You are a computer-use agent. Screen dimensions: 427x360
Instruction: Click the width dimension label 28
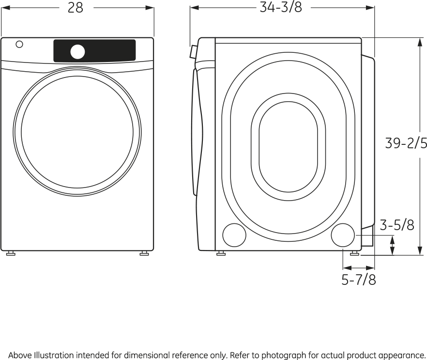click(x=76, y=8)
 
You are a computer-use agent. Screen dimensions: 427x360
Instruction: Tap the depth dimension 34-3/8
click(x=281, y=7)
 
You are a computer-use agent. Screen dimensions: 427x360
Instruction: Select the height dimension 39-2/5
click(x=406, y=143)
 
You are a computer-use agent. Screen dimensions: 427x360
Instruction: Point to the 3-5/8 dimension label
click(x=397, y=225)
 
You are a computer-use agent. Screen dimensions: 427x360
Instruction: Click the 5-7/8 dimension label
click(x=359, y=280)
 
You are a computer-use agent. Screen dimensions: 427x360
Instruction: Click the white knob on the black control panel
click(x=77, y=52)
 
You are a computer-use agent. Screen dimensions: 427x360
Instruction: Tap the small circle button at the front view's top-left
click(x=19, y=44)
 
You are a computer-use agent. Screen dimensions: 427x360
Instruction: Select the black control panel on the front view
click(x=94, y=51)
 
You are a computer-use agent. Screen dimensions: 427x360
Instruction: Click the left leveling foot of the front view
click(x=11, y=254)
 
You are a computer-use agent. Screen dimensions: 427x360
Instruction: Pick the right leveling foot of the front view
click(x=144, y=254)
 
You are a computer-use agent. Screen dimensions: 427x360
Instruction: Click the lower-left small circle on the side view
click(x=234, y=235)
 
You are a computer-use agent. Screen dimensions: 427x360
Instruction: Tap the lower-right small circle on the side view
click(x=343, y=235)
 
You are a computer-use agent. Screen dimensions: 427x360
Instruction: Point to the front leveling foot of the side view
click(x=221, y=254)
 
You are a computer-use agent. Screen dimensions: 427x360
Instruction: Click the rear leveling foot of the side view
click(x=354, y=254)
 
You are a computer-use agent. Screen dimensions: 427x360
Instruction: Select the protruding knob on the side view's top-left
click(x=193, y=52)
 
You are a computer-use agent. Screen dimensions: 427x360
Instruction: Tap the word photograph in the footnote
click(x=284, y=356)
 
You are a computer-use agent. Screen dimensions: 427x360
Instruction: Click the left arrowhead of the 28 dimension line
click(x=5, y=8)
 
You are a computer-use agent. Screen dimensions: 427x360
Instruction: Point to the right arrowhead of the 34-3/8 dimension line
click(x=370, y=8)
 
